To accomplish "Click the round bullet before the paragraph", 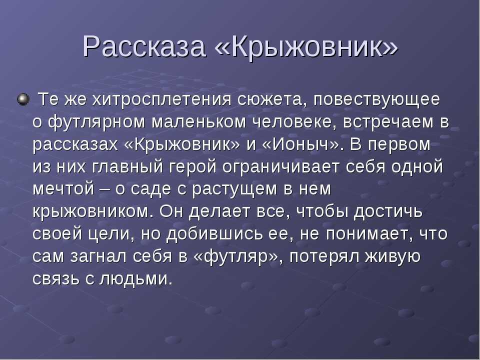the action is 23,99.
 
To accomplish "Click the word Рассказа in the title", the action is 144,46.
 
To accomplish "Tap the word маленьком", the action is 198,122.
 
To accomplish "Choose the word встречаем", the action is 388,122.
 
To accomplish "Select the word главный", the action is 127,167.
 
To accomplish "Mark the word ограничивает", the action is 281,167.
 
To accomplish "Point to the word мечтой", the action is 63,189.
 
